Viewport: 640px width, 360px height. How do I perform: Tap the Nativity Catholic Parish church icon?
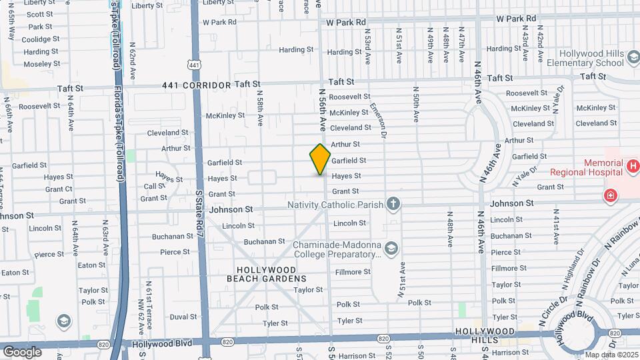point(394,203)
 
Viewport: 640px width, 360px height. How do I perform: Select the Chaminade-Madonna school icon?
point(391,249)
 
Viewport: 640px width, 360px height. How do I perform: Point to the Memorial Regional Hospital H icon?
point(633,164)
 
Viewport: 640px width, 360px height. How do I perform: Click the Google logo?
point(23,351)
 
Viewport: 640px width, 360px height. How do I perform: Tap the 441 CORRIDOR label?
point(197,85)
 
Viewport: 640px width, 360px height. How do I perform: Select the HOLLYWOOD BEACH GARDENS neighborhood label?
point(267,273)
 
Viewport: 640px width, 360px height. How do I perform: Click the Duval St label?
point(183,317)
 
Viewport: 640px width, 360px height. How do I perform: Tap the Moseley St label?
point(41,64)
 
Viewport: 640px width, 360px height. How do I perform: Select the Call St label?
point(155,187)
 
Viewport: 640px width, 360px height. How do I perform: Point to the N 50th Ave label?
point(415,105)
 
